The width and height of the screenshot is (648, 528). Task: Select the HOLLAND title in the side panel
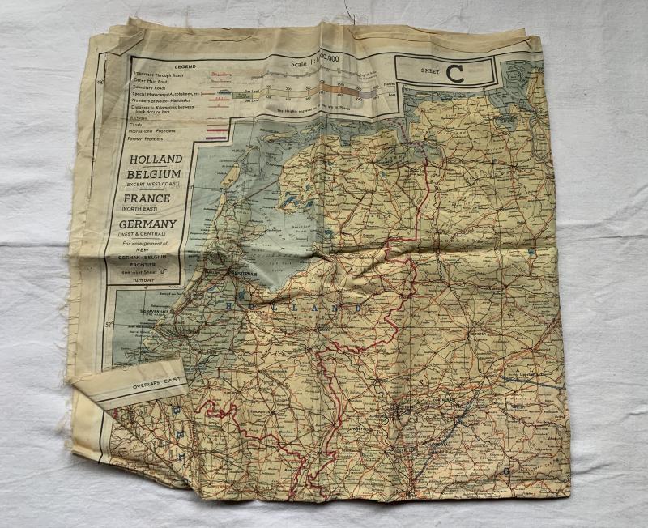click(156, 160)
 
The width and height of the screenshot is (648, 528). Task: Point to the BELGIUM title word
click(153, 174)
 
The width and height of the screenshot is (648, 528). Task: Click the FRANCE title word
click(146, 198)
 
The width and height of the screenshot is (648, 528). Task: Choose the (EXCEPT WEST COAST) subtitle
click(151, 185)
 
